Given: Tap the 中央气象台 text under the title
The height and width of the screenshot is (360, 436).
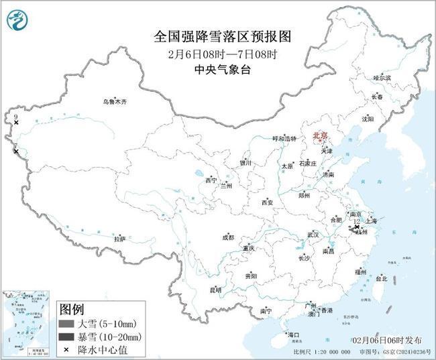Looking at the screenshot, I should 217,69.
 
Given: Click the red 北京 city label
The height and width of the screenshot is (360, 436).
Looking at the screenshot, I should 320,136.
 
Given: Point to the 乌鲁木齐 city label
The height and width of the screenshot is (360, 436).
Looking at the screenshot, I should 114,101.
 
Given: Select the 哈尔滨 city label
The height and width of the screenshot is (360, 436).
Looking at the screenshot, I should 382,78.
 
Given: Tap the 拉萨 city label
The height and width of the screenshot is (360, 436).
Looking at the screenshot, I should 119,238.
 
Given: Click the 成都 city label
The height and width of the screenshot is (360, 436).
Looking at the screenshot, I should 229,237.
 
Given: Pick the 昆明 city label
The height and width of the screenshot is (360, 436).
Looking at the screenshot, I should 215,290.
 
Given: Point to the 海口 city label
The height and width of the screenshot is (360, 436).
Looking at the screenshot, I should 293,334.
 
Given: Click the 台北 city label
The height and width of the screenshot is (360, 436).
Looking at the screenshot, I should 381,278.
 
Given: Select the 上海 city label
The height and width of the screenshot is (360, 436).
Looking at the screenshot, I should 378,221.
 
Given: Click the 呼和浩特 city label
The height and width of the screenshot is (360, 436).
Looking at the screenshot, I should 284,138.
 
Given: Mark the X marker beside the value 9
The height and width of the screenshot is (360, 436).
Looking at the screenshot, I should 16,123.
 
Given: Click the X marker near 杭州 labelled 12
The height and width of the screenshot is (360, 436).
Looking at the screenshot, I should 356,227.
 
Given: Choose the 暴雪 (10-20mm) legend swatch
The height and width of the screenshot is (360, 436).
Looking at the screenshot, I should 67,337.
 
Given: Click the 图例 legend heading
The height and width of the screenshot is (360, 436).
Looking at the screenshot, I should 72,310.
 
